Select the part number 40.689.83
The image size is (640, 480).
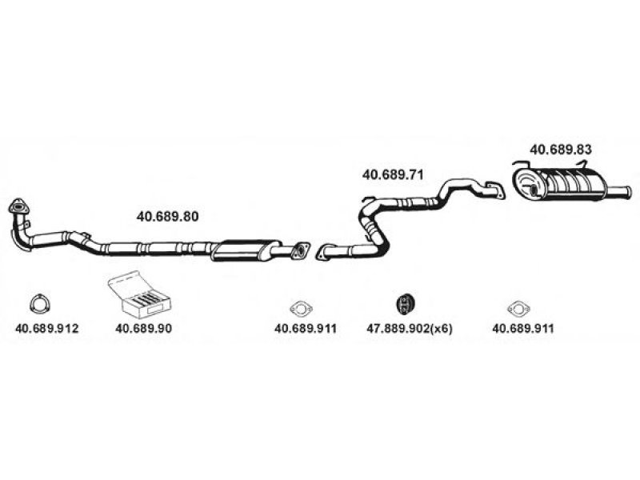tap(561, 149)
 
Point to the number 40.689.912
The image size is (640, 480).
tap(47, 328)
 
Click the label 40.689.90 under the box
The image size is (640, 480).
tap(143, 328)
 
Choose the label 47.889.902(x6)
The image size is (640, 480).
tap(410, 328)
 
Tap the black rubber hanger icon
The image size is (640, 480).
tap(407, 303)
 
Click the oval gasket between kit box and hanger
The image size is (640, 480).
tap(300, 306)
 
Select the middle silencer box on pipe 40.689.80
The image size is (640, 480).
tap(246, 250)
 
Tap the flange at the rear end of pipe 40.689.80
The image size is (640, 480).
tap(301, 250)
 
